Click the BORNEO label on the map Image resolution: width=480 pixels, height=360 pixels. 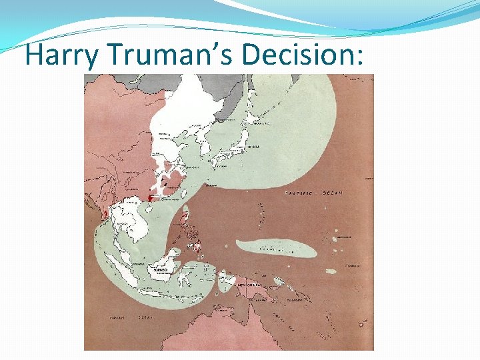tap(161, 271)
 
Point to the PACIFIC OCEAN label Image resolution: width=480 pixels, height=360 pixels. tap(313, 193)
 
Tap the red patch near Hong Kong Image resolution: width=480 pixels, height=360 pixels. tap(151, 197)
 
